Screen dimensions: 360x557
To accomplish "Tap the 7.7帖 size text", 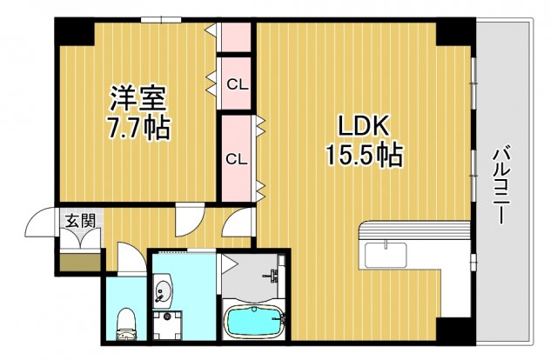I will (138, 129).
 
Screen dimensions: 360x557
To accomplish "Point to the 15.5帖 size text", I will (363, 156).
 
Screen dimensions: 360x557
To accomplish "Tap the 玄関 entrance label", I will (79, 220).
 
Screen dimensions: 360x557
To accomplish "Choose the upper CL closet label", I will (235, 84).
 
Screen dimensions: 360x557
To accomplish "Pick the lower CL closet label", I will (235, 159).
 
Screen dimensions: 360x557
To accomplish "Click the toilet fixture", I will (125, 323).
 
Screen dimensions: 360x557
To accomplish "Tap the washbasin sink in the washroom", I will (163, 291).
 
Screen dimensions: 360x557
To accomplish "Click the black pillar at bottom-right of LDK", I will (453, 330).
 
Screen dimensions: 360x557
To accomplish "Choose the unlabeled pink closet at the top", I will (235, 37).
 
